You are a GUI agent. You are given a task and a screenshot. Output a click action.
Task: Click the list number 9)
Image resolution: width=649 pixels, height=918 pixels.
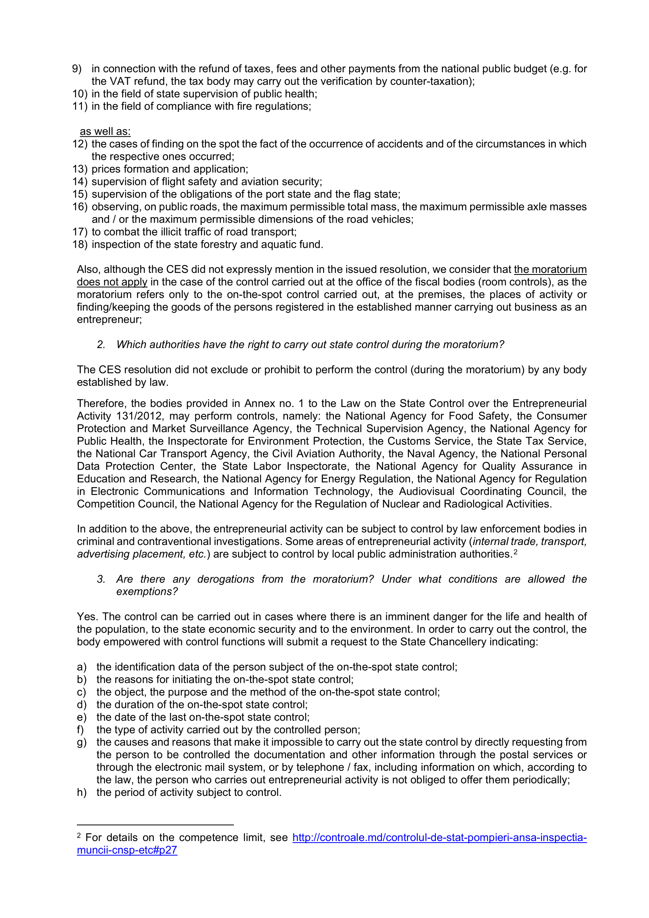pos(77,69)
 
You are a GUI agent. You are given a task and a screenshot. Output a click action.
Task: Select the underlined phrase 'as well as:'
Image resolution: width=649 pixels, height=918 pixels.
pos(105,132)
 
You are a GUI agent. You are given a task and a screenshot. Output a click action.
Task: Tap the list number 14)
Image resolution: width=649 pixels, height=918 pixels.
pos(80,181)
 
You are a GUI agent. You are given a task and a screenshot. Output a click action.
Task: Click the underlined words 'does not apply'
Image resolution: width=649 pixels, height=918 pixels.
pos(112,282)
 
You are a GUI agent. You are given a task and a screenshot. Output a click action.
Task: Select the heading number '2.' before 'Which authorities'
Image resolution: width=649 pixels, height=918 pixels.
pos(101,345)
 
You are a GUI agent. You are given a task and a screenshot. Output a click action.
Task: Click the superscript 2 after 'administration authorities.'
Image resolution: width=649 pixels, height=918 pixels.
pos(516,552)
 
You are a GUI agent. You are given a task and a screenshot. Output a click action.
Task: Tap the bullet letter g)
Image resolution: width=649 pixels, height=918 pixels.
pos(82,742)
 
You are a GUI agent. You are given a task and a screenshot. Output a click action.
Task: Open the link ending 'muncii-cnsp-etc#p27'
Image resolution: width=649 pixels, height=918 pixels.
pos(127,850)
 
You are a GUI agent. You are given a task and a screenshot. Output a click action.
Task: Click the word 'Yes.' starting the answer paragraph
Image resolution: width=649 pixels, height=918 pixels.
pos(88,616)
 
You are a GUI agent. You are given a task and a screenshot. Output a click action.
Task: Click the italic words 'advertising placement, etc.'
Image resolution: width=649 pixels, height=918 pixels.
pos(142,554)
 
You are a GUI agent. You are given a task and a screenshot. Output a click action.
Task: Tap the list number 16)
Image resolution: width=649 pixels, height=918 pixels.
pos(80,207)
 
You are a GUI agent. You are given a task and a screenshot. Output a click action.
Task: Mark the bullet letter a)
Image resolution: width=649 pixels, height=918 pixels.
pos(82,667)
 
